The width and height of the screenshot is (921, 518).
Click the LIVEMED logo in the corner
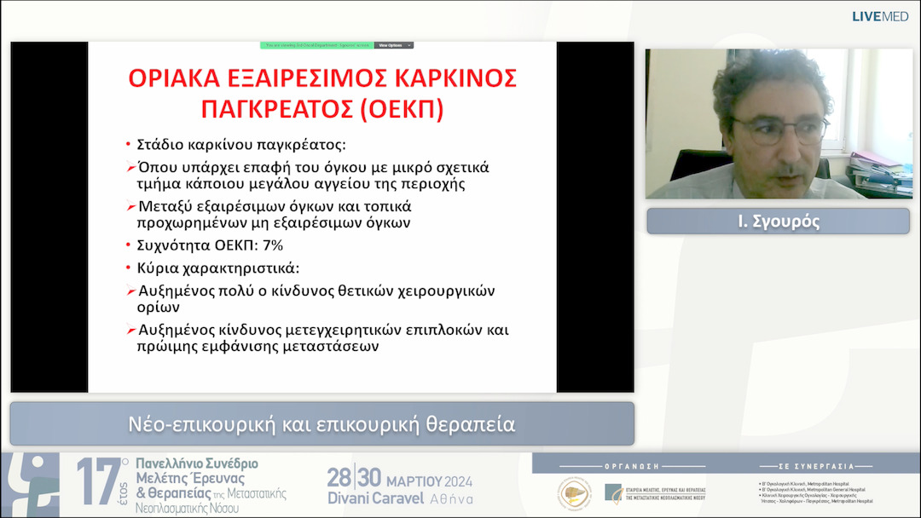click(x=880, y=16)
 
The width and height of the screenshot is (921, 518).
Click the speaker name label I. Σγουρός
click(x=778, y=221)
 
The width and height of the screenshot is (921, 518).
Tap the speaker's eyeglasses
click(x=779, y=129)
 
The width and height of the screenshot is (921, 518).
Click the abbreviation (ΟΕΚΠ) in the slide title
click(x=393, y=109)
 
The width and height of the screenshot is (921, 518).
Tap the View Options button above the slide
click(x=393, y=45)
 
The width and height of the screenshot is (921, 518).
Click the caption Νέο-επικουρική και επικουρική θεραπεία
click(x=321, y=423)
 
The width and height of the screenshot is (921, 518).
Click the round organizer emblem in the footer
click(x=574, y=493)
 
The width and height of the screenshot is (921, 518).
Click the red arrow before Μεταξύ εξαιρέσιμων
click(x=130, y=207)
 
